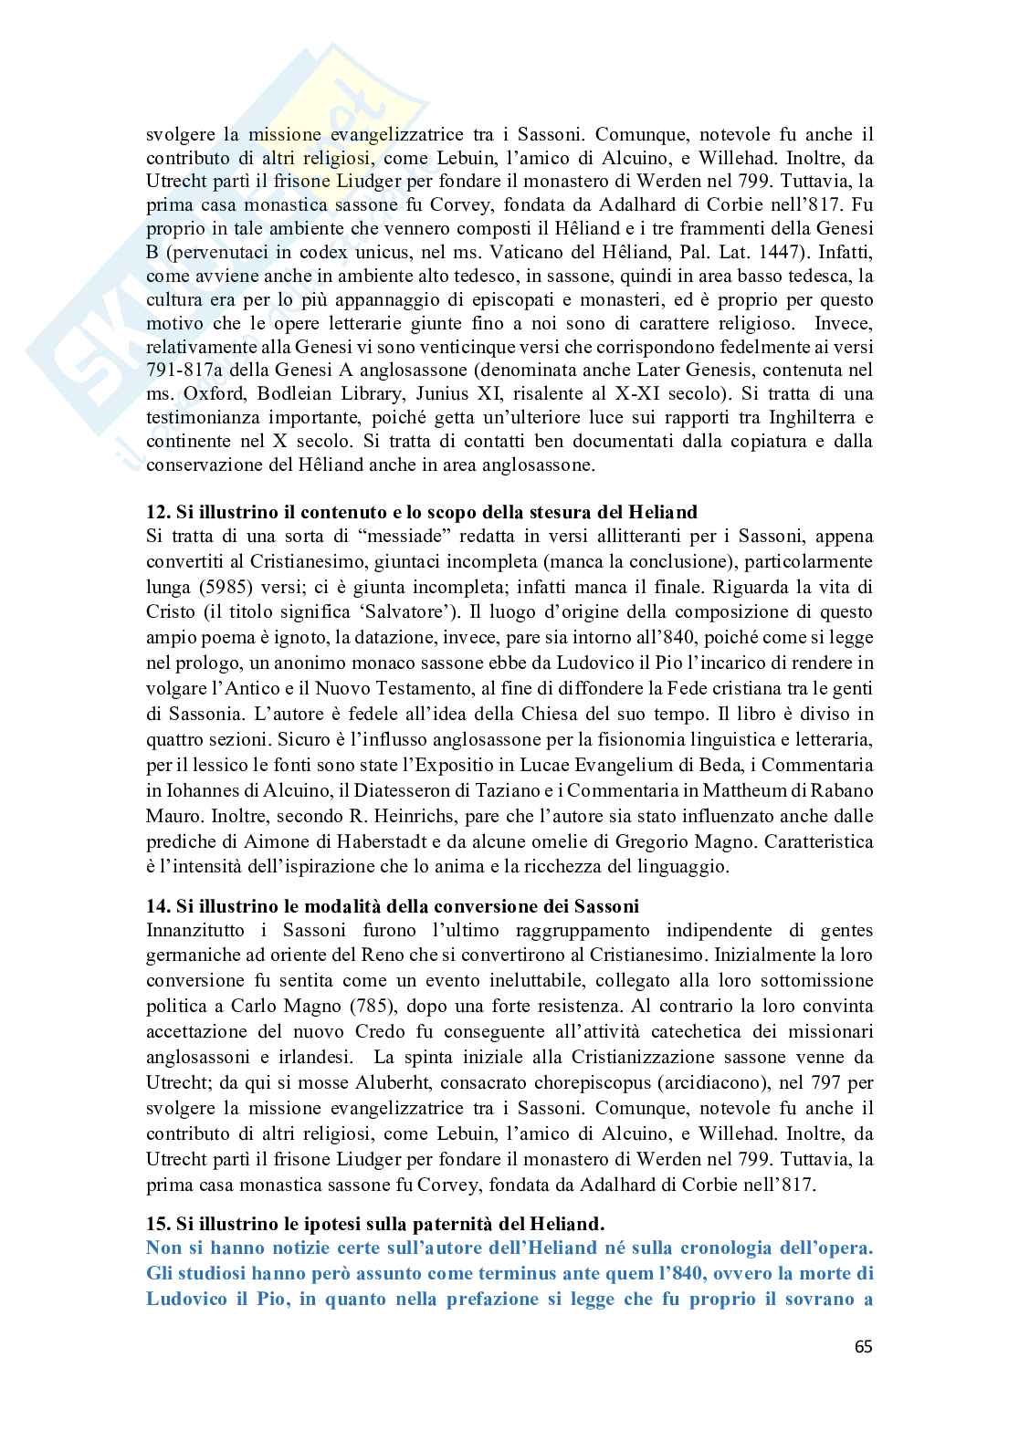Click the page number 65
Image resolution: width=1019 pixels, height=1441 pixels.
click(x=863, y=1346)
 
